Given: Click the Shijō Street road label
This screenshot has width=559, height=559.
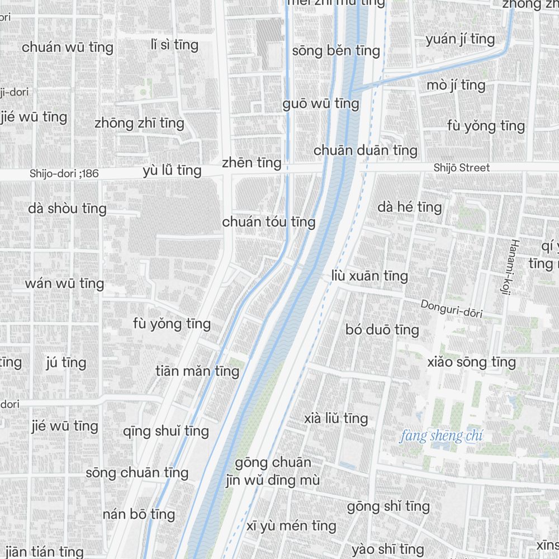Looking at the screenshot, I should pyautogui.click(x=461, y=168).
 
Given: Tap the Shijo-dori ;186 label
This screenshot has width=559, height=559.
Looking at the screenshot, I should pyautogui.click(x=64, y=174).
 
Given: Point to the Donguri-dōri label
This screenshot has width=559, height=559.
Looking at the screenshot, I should pyautogui.click(x=451, y=309).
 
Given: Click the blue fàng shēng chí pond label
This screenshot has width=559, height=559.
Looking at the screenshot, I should pyautogui.click(x=441, y=436).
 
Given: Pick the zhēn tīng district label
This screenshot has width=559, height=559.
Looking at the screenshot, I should pyautogui.click(x=251, y=163).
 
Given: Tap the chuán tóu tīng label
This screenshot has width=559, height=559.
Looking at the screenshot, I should pyautogui.click(x=269, y=222).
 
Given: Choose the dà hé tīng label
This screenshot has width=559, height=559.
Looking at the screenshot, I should pyautogui.click(x=409, y=207).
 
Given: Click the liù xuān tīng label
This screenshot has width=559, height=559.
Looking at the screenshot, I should pyautogui.click(x=369, y=276).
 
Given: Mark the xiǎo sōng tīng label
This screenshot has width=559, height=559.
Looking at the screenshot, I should pyautogui.click(x=471, y=362).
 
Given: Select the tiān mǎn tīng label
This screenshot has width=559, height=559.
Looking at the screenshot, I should pyautogui.click(x=197, y=371).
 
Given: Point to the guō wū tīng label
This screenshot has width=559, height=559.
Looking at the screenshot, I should pyautogui.click(x=320, y=104).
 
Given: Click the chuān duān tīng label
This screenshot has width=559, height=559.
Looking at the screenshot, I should pyautogui.click(x=365, y=150).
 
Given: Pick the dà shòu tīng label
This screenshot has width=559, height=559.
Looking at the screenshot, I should pyautogui.click(x=67, y=209).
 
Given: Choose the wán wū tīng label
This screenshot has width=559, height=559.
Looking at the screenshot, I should pyautogui.click(x=64, y=283).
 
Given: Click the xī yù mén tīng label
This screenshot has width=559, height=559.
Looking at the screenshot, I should pyautogui.click(x=291, y=526).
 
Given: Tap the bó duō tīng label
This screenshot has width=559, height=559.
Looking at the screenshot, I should pyautogui.click(x=382, y=330).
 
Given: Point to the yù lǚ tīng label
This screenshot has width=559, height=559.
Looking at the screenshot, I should pyautogui.click(x=172, y=170).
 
